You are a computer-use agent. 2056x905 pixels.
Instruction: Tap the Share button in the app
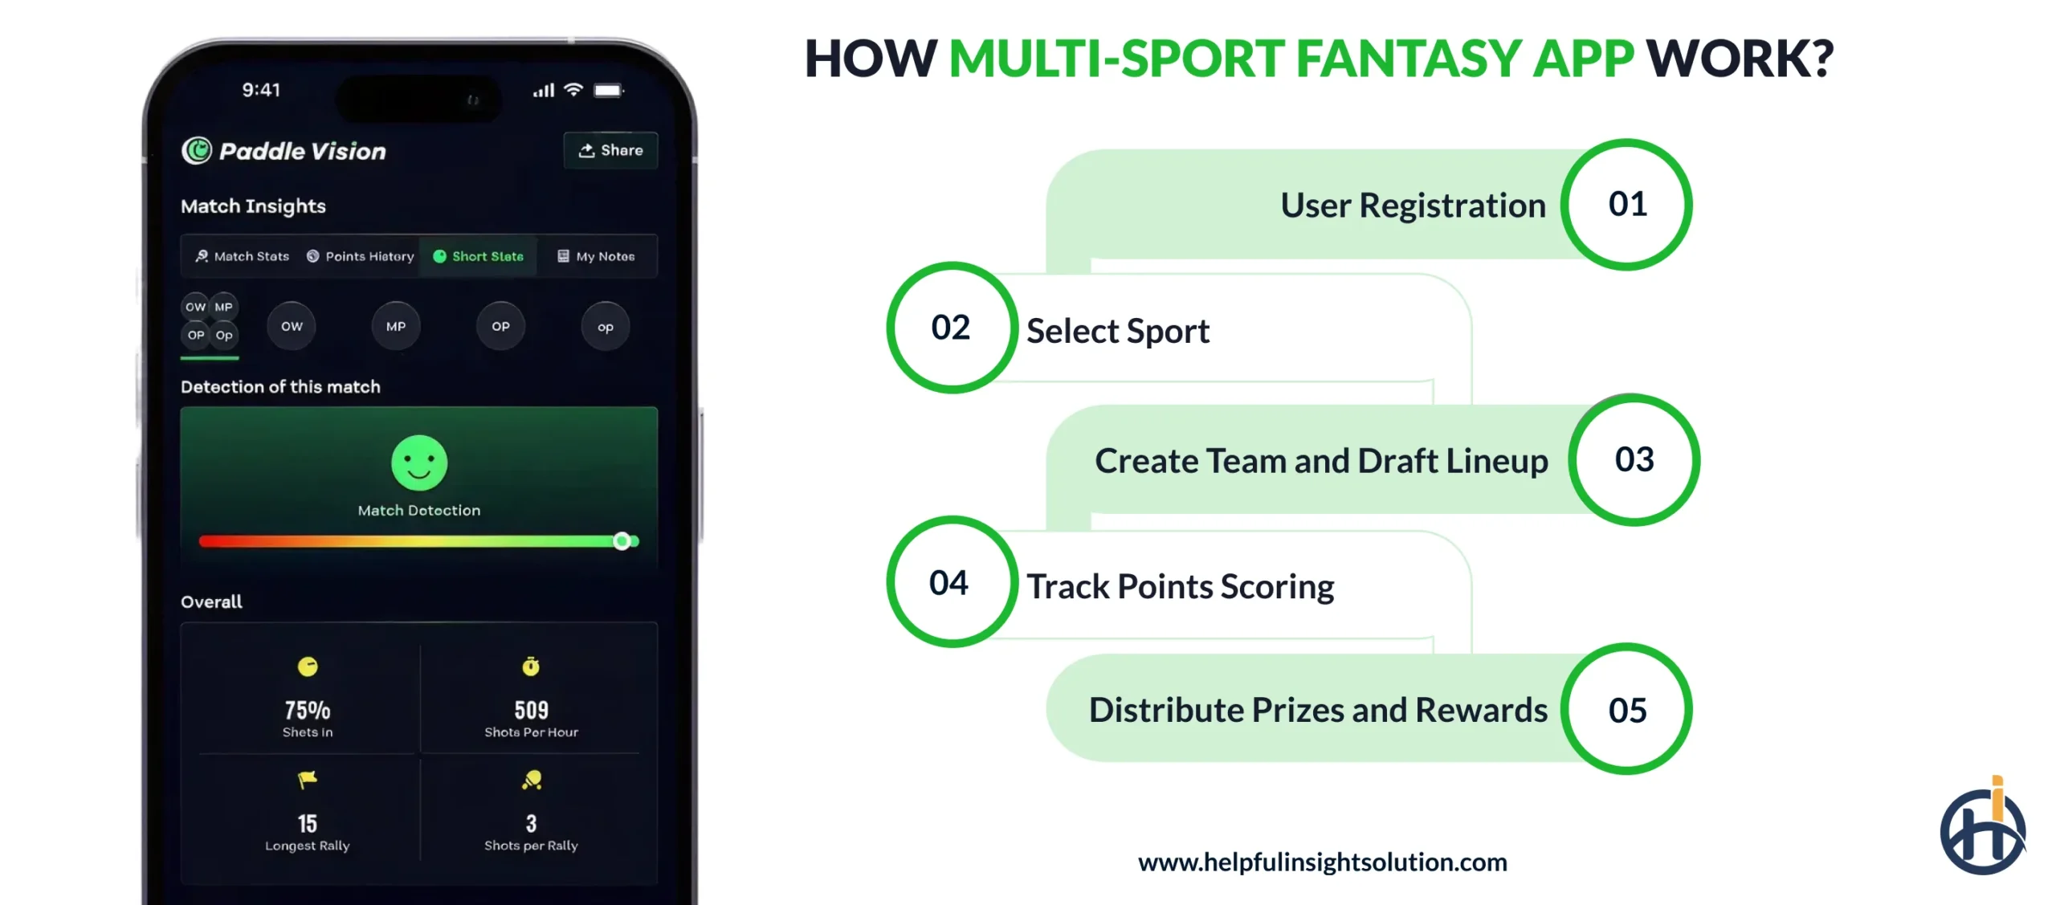pyautogui.click(x=610, y=150)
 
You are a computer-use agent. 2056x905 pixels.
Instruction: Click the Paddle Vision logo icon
pyautogui.click(x=196, y=150)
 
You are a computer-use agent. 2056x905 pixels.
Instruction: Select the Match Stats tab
pyautogui.click(x=243, y=256)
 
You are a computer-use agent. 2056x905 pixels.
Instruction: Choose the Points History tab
pyautogui.click(x=361, y=256)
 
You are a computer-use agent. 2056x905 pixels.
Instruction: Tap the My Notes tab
pyautogui.click(x=596, y=256)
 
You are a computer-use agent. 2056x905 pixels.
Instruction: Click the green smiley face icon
pyautogui.click(x=418, y=463)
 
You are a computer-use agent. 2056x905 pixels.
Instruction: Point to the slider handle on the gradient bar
pyautogui.click(x=622, y=541)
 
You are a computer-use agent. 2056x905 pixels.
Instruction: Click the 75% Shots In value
pyautogui.click(x=307, y=710)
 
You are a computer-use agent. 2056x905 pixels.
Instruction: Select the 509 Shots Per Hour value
pyautogui.click(x=531, y=710)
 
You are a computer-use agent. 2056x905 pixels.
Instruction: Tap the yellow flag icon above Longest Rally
pyautogui.click(x=307, y=779)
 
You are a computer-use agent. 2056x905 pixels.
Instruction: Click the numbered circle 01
pyautogui.click(x=1626, y=205)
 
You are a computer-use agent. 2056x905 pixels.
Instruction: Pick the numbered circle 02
pyautogui.click(x=952, y=328)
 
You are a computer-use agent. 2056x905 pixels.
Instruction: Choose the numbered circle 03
pyautogui.click(x=1634, y=459)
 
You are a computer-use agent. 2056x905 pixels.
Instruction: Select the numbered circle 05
pyautogui.click(x=1626, y=710)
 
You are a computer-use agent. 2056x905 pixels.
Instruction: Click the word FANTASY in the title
pyautogui.click(x=1410, y=59)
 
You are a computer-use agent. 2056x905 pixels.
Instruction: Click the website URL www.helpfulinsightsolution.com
pyautogui.click(x=1322, y=862)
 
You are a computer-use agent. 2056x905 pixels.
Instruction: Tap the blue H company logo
pyautogui.click(x=1982, y=831)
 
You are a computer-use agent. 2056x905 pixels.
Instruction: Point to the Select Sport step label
pyautogui.click(x=1117, y=331)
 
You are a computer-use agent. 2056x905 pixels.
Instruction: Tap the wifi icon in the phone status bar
pyautogui.click(x=573, y=89)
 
